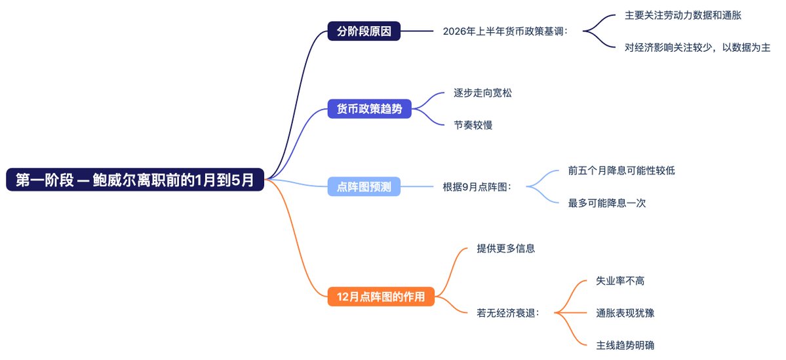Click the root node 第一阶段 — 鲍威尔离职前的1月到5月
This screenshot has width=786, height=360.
[x=135, y=180]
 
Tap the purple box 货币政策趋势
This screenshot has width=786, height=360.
[x=369, y=109]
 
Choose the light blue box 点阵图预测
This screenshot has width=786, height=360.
[x=364, y=187]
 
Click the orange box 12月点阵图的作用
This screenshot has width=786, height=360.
[x=381, y=297]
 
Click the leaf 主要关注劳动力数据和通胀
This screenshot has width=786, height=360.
[x=682, y=14]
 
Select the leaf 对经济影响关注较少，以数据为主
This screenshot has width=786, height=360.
[x=697, y=47]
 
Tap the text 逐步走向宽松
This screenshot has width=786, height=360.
[x=482, y=92]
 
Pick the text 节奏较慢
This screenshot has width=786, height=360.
[x=473, y=125]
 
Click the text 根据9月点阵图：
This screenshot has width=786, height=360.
[x=477, y=187]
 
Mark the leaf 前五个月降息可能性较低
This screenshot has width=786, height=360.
[x=621, y=170]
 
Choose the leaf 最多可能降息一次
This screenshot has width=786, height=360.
[x=607, y=203]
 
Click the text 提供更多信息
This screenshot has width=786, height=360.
[x=505, y=249]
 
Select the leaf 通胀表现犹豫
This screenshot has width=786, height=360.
[x=625, y=313]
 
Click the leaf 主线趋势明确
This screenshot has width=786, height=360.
[x=625, y=345]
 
